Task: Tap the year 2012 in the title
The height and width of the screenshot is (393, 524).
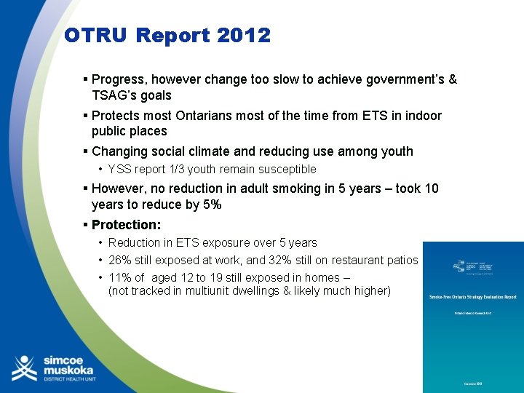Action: point(243,35)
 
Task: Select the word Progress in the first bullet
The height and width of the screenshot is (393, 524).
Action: point(119,79)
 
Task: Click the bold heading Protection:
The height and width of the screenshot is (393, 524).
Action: point(126,225)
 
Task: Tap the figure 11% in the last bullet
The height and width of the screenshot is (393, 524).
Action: point(120,277)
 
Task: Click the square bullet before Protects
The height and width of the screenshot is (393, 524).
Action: point(85,116)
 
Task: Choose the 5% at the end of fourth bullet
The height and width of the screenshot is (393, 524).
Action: point(212,205)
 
